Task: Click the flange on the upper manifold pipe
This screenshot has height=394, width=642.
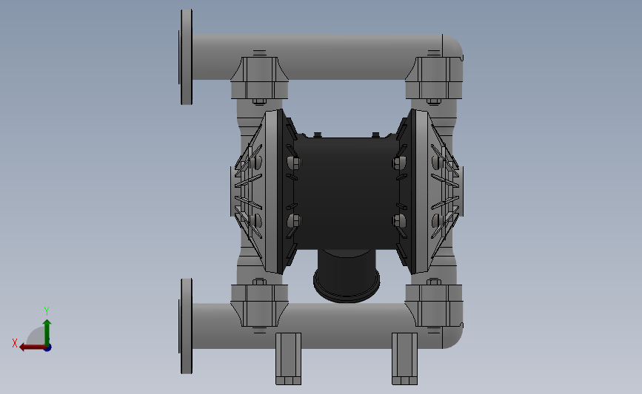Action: pyautogui.click(x=186, y=57)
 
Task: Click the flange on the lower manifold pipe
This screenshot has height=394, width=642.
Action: pyautogui.click(x=186, y=326)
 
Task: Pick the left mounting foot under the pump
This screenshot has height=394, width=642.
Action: pyautogui.click(x=288, y=359)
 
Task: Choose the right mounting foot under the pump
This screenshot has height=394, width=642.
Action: pyautogui.click(x=404, y=359)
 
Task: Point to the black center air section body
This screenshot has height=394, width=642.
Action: pyautogui.click(x=347, y=193)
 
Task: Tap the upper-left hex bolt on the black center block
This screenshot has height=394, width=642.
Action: pyautogui.click(x=293, y=163)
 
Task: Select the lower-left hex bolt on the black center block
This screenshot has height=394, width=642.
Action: pyautogui.click(x=293, y=221)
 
